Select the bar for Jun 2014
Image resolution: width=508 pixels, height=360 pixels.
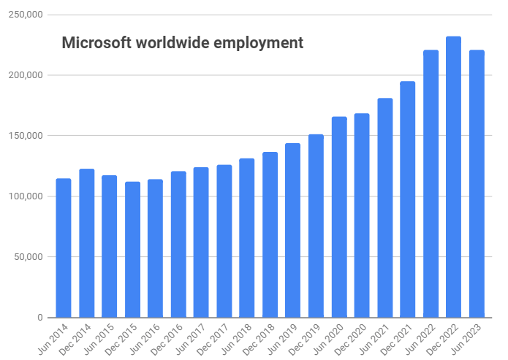click(x=64, y=248)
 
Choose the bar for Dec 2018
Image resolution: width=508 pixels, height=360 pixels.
click(x=270, y=234)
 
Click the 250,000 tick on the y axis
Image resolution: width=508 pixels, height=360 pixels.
click(x=24, y=15)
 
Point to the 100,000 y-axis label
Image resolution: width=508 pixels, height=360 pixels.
click(x=24, y=196)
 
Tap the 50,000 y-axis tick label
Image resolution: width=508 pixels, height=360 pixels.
click(x=26, y=257)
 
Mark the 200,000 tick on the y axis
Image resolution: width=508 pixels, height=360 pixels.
click(x=24, y=75)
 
